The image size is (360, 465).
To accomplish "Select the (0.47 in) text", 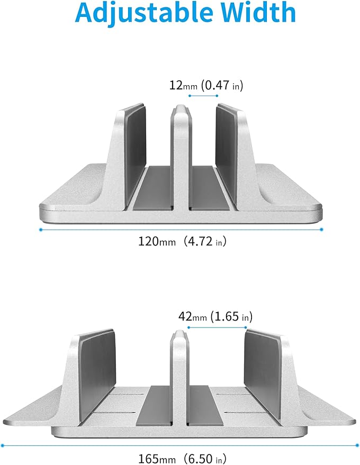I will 221,85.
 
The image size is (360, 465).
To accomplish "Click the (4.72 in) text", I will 203,242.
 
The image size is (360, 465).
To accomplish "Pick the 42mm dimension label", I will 193,317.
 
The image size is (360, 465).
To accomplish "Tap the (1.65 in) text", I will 231,317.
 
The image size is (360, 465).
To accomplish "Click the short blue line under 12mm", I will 203,96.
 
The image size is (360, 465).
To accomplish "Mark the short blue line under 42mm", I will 217,327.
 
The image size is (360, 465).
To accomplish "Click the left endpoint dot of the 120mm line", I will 41,229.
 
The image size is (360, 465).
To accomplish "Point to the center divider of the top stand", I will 179,159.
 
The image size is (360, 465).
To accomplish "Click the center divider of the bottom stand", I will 179,381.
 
